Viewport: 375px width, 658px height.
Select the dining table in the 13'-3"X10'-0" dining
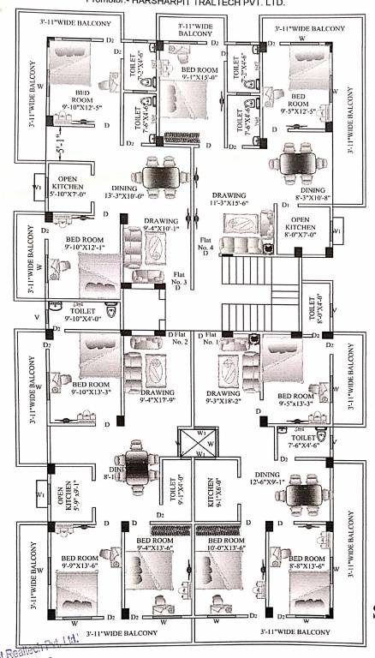tap(163, 177)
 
